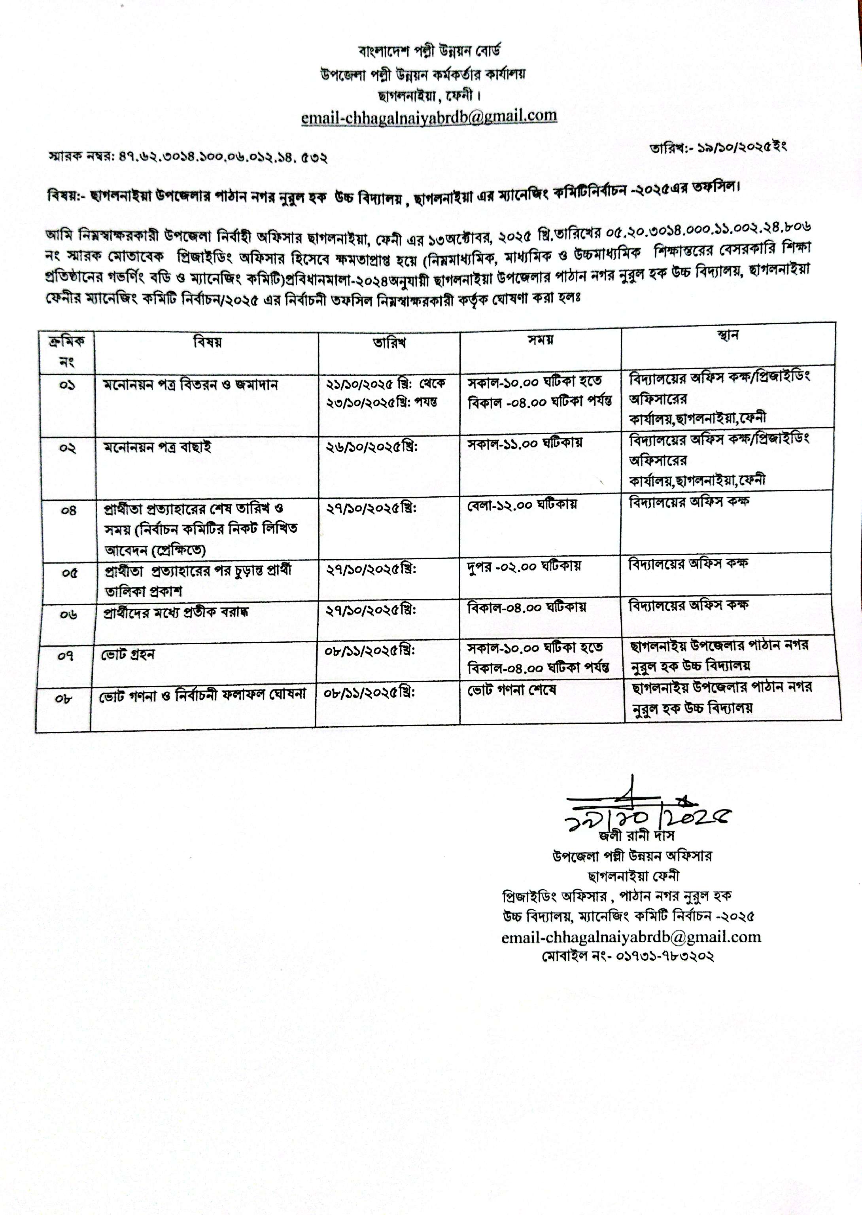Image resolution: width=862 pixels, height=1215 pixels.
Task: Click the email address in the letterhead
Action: coord(429,117)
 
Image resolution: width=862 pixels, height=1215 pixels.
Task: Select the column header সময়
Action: coord(541,340)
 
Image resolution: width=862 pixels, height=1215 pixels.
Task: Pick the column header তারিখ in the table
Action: coord(389,343)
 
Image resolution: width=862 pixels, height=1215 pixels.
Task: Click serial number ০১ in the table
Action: coord(67,385)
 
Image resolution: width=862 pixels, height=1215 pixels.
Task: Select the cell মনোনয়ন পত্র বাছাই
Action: coord(157,447)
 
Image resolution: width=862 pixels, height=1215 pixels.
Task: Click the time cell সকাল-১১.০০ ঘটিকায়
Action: coord(524,443)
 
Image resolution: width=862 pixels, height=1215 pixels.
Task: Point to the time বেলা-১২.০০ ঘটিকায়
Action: coord(522,504)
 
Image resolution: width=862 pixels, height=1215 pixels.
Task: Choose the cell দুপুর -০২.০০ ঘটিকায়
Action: coord(524,566)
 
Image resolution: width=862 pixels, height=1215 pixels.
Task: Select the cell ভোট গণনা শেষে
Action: coord(512,691)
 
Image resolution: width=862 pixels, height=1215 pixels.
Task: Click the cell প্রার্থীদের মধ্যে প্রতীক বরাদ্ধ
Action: coord(176,612)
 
